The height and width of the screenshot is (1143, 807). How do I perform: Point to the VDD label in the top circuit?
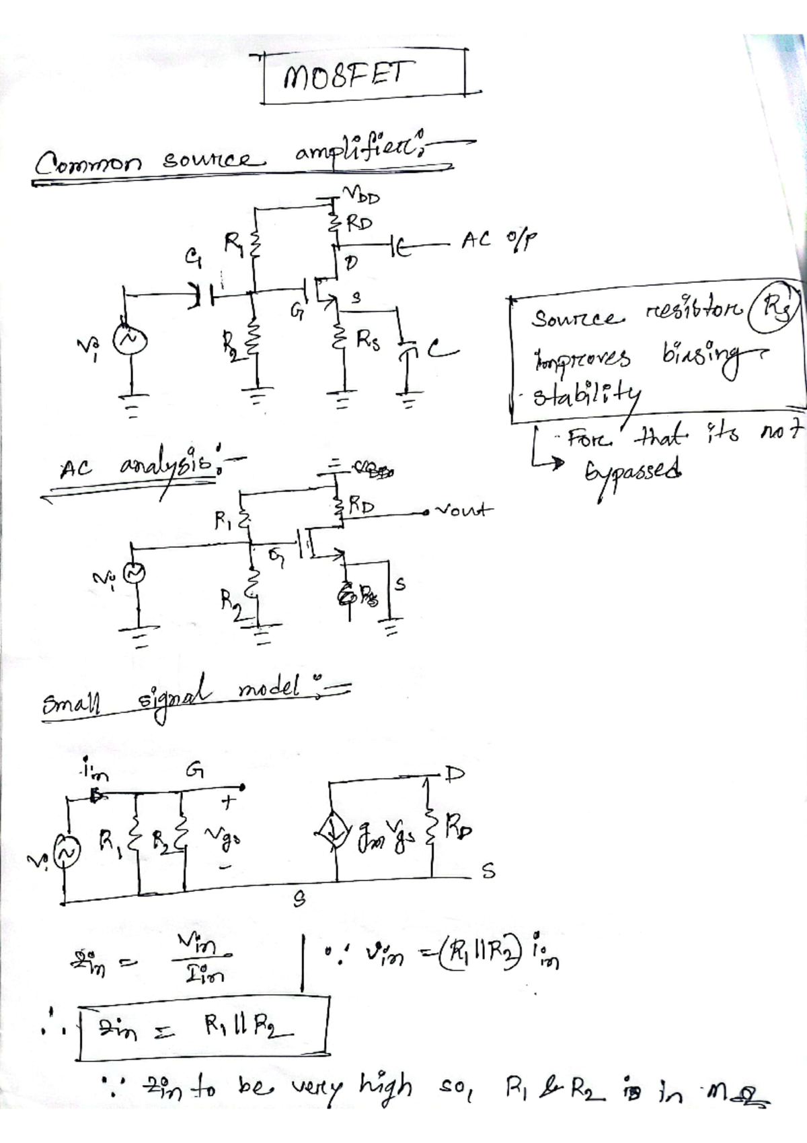click(362, 197)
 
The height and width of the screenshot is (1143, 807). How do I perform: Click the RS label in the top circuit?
click(369, 343)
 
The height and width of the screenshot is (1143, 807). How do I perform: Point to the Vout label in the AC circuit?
click(464, 510)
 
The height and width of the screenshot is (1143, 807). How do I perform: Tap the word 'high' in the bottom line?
click(385, 1086)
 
